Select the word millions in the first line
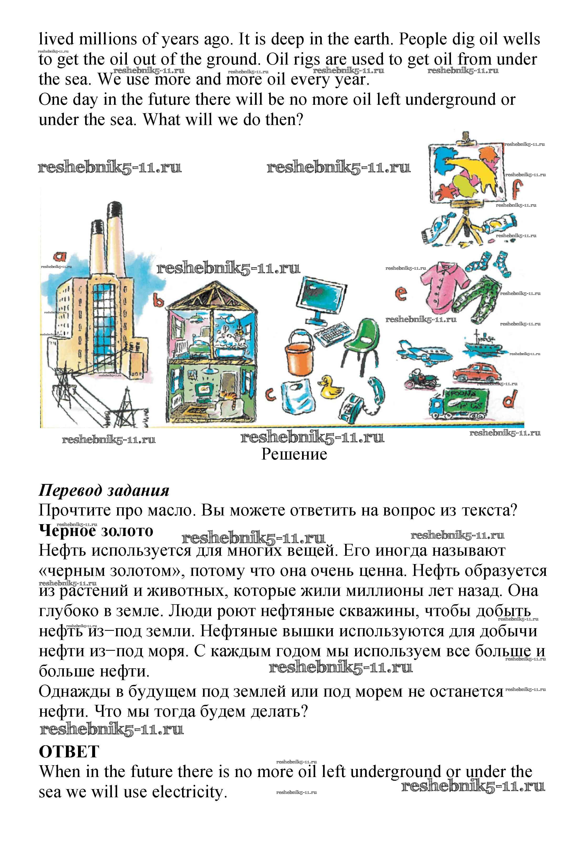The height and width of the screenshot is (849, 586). pos(108,39)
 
